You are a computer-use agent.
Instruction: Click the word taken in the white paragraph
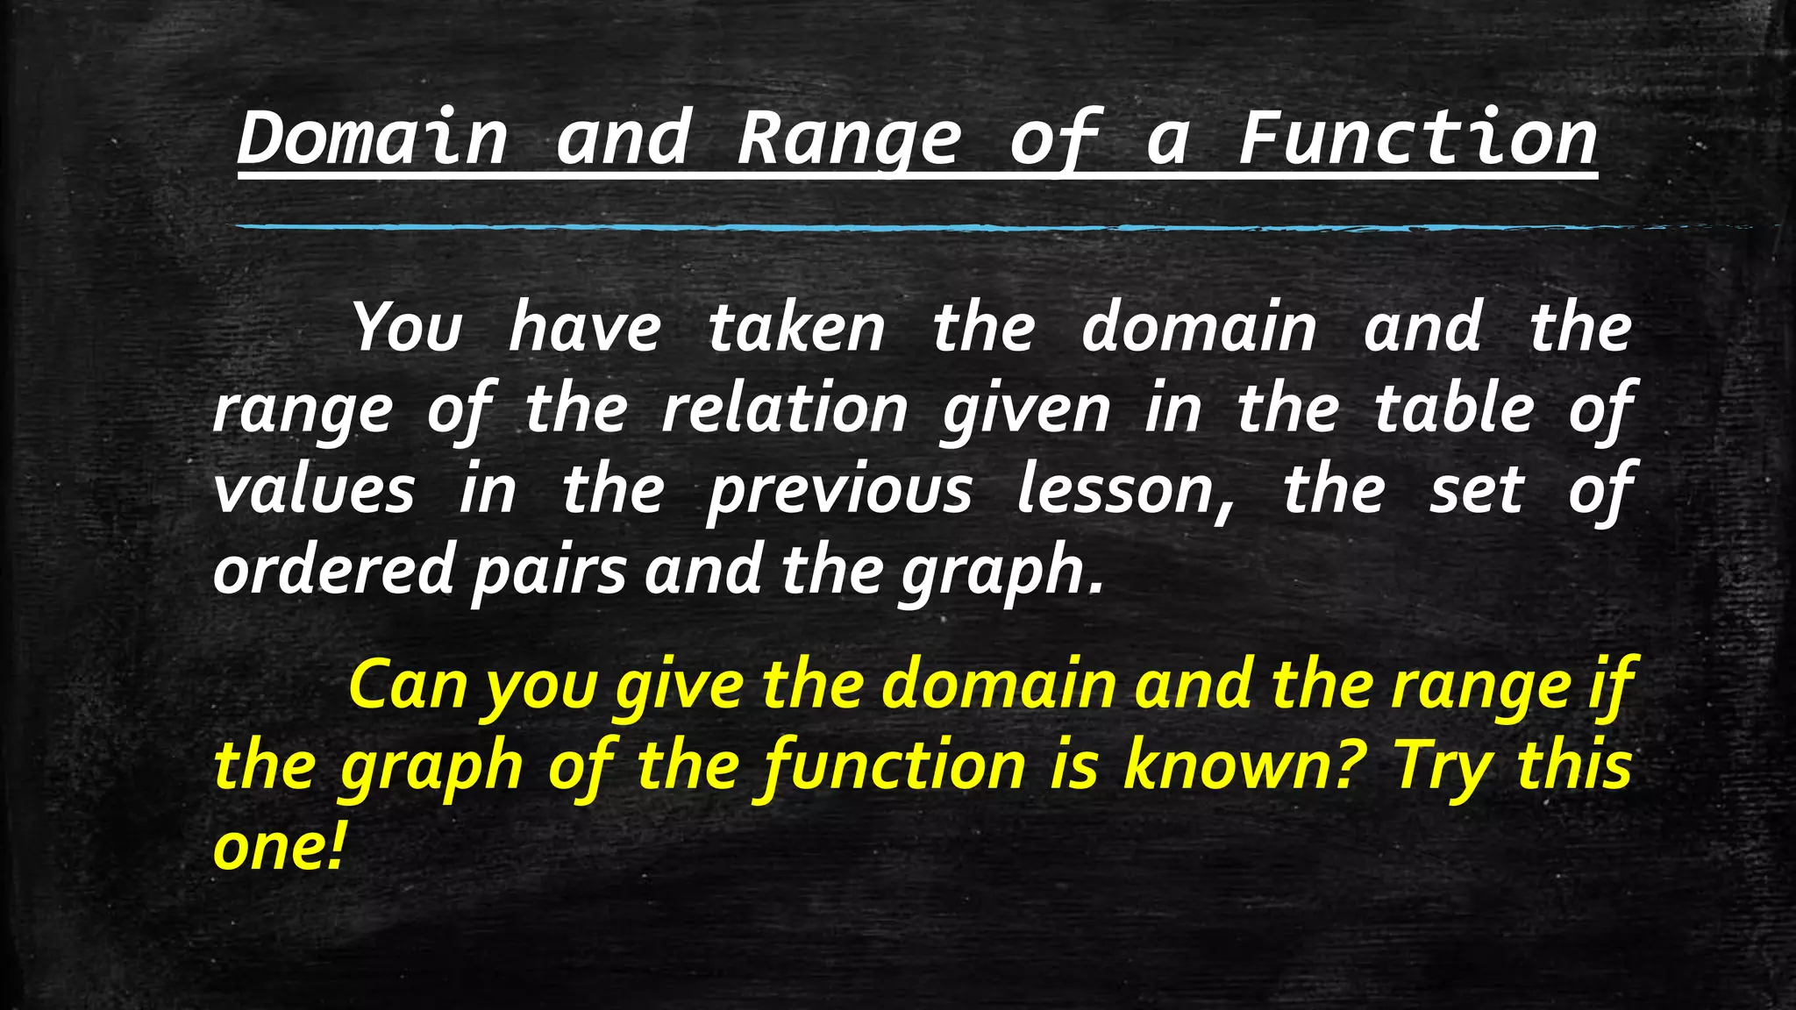(796, 328)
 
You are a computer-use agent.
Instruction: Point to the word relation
(785, 409)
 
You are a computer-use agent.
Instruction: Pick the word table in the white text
(1454, 409)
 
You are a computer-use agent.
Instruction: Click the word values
(314, 490)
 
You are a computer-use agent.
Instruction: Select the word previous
(839, 490)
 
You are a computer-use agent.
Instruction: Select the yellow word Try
(1443, 766)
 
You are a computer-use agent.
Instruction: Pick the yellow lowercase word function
(894, 766)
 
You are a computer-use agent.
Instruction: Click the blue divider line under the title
(965, 227)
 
